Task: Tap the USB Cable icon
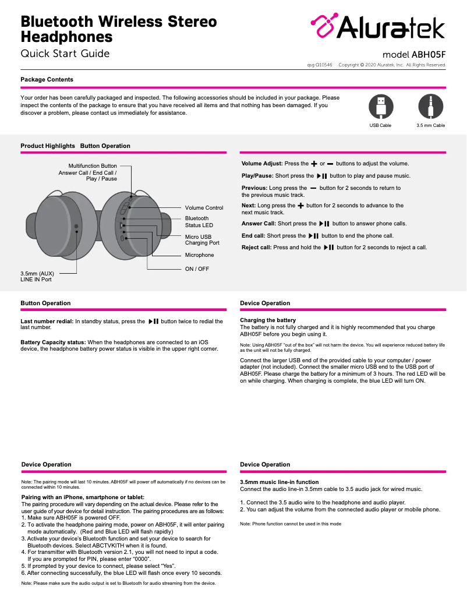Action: point(381,107)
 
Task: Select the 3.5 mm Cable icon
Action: point(430,107)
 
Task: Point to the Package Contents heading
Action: point(47,79)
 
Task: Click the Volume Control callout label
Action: point(204,208)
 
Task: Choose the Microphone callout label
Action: point(199,255)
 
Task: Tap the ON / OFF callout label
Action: point(197,269)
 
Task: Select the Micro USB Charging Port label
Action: point(202,239)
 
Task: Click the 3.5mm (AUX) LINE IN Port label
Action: point(36,276)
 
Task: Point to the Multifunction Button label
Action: point(93,166)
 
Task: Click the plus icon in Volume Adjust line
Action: point(314,164)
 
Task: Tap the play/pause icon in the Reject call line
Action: point(328,248)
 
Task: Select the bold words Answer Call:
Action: point(259,224)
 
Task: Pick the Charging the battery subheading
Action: point(268,320)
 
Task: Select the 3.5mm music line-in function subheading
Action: point(279,482)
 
